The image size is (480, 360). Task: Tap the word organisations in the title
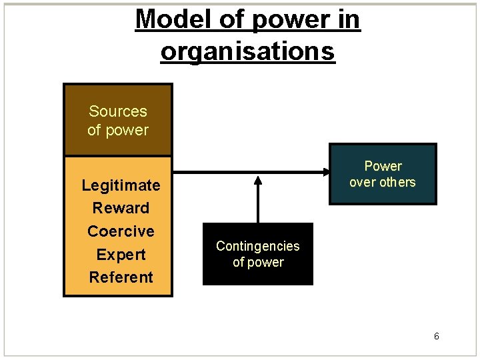247,51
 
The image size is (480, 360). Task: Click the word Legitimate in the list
121,185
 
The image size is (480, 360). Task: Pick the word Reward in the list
121,208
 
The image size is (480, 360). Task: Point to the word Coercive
121,231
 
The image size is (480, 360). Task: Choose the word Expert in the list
121,255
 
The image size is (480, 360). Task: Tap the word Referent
121,277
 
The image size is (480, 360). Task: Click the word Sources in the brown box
118,111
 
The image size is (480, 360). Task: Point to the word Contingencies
257,246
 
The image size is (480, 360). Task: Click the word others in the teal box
398,182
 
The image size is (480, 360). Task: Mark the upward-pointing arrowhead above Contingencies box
258,179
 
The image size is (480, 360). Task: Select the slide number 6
436,337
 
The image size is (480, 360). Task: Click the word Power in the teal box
383,166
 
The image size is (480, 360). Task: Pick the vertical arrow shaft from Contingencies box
258,203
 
